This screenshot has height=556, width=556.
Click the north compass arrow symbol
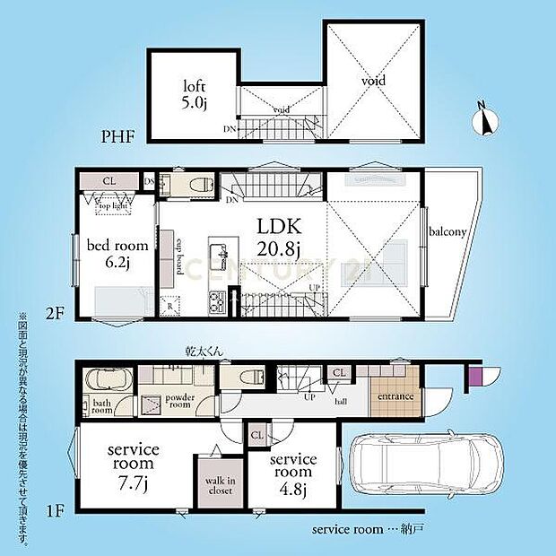(483, 119)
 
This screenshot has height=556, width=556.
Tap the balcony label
(447, 231)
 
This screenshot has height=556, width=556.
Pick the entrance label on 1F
(395, 396)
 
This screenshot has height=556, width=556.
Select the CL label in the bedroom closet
(109, 181)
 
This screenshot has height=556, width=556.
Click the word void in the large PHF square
(373, 81)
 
